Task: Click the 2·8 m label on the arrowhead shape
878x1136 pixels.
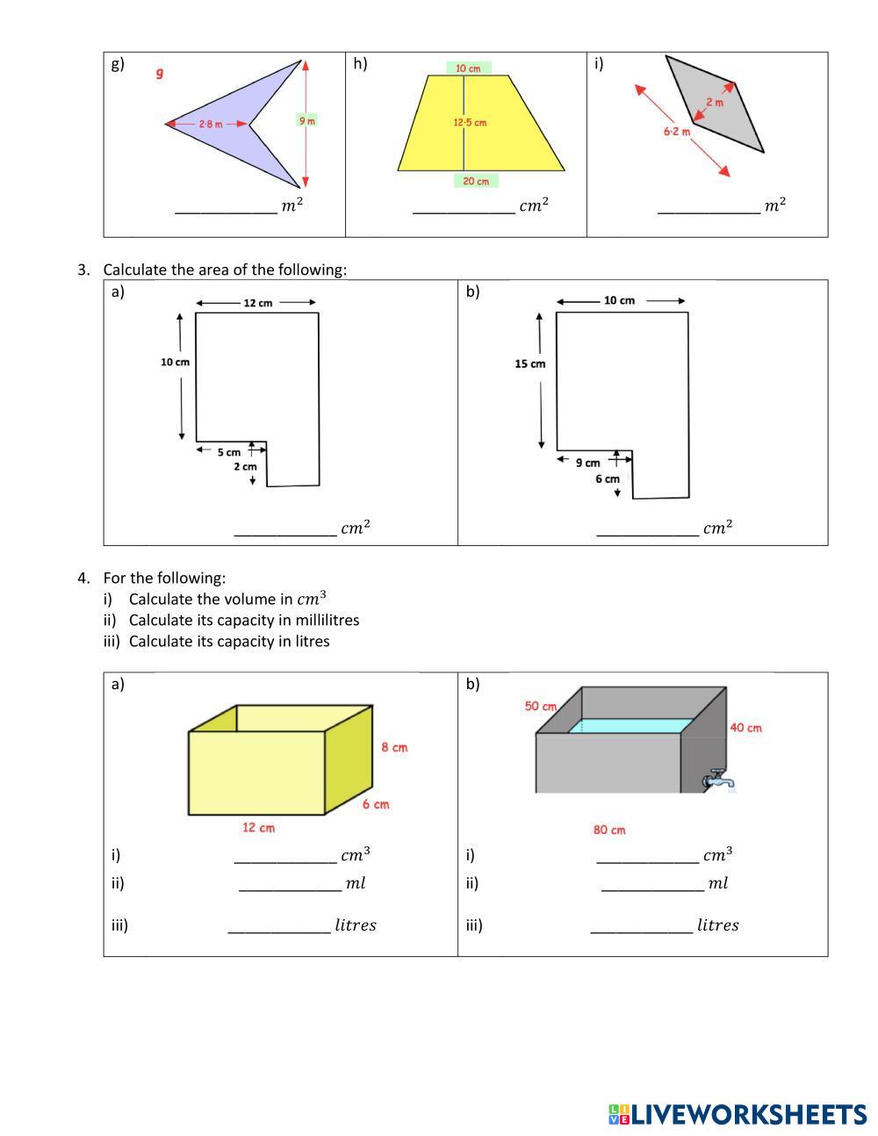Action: point(210,125)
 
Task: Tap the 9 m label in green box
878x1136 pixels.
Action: point(306,120)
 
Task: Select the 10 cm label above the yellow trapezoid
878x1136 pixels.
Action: point(468,68)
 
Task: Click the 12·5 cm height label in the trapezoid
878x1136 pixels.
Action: point(470,123)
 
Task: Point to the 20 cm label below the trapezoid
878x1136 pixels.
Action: point(476,181)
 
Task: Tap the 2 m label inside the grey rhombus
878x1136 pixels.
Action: point(715,102)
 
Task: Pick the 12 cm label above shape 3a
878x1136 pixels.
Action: point(257,303)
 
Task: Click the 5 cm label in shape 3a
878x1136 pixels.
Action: point(228,453)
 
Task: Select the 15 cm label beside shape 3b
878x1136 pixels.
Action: point(529,363)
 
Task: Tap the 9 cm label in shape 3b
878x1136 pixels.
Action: point(587,463)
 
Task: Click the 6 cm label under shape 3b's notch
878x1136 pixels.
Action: point(607,479)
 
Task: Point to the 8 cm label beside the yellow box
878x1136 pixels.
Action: point(394,748)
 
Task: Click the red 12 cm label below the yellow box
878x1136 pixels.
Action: point(258,827)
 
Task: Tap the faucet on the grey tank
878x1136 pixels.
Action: point(719,780)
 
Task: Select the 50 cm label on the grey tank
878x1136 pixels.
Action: point(541,706)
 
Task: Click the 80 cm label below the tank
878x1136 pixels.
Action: point(609,830)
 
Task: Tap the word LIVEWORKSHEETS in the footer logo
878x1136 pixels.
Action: point(749,1115)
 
